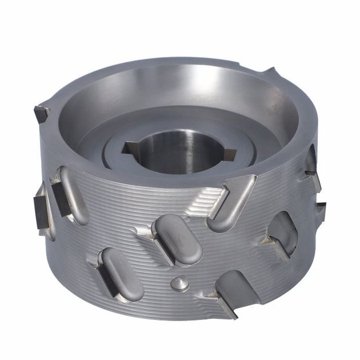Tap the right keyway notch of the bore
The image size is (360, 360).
point(230,153)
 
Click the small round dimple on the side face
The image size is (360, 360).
point(179,282)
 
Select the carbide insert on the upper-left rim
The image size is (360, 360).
point(42,113)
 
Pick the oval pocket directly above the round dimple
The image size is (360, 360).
point(177,239)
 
